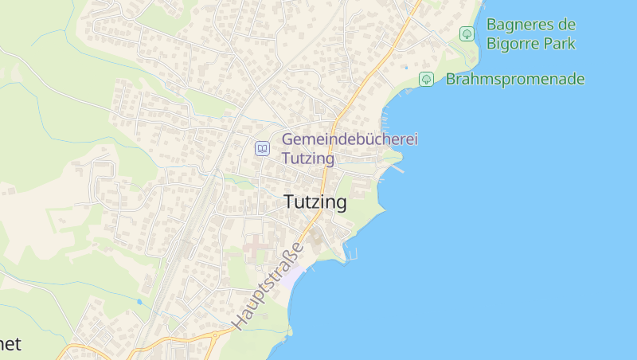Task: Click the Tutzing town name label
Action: coord(315,202)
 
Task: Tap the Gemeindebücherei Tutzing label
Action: coord(350,148)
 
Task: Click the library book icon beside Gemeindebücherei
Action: coord(262,148)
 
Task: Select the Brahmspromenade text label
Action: coord(515,79)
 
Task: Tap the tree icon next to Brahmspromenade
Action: coord(426,79)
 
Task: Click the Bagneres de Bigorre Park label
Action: coord(530,33)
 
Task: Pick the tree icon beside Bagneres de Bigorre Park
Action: coord(467,33)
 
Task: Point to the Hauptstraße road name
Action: coord(269,287)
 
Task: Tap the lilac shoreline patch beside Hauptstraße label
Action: coord(293,275)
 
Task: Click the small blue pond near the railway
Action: coord(139,302)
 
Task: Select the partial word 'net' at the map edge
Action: coord(10,344)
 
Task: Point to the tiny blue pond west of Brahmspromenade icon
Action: coord(405,67)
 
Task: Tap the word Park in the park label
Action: coord(557,43)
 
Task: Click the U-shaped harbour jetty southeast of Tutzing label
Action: coord(350,256)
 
